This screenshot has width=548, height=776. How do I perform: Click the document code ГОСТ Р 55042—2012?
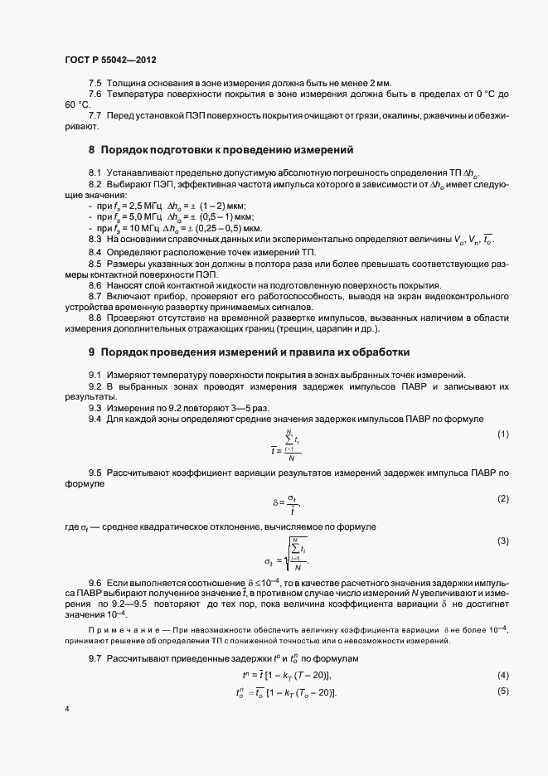tap(110, 60)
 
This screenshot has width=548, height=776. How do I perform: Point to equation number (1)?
tap(502, 434)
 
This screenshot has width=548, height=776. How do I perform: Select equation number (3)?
tap(502, 541)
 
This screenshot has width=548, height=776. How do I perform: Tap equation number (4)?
tap(502, 676)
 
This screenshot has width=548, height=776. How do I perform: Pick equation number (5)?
tap(502, 691)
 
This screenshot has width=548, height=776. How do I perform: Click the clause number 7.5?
tap(95, 83)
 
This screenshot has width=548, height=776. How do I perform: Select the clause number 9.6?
tap(95, 584)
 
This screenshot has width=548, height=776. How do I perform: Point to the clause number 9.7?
tap(95, 657)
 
